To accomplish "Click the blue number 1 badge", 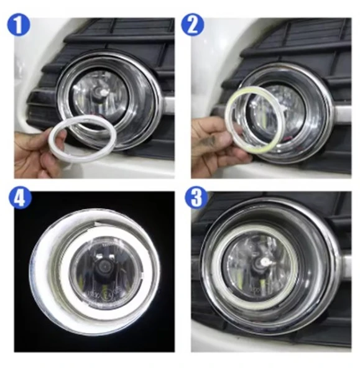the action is click(19, 25).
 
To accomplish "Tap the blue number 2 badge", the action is click(193, 25).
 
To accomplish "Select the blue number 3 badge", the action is click(196, 198).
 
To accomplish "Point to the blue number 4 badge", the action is click(20, 198).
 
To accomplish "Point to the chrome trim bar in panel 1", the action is click(168, 103).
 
